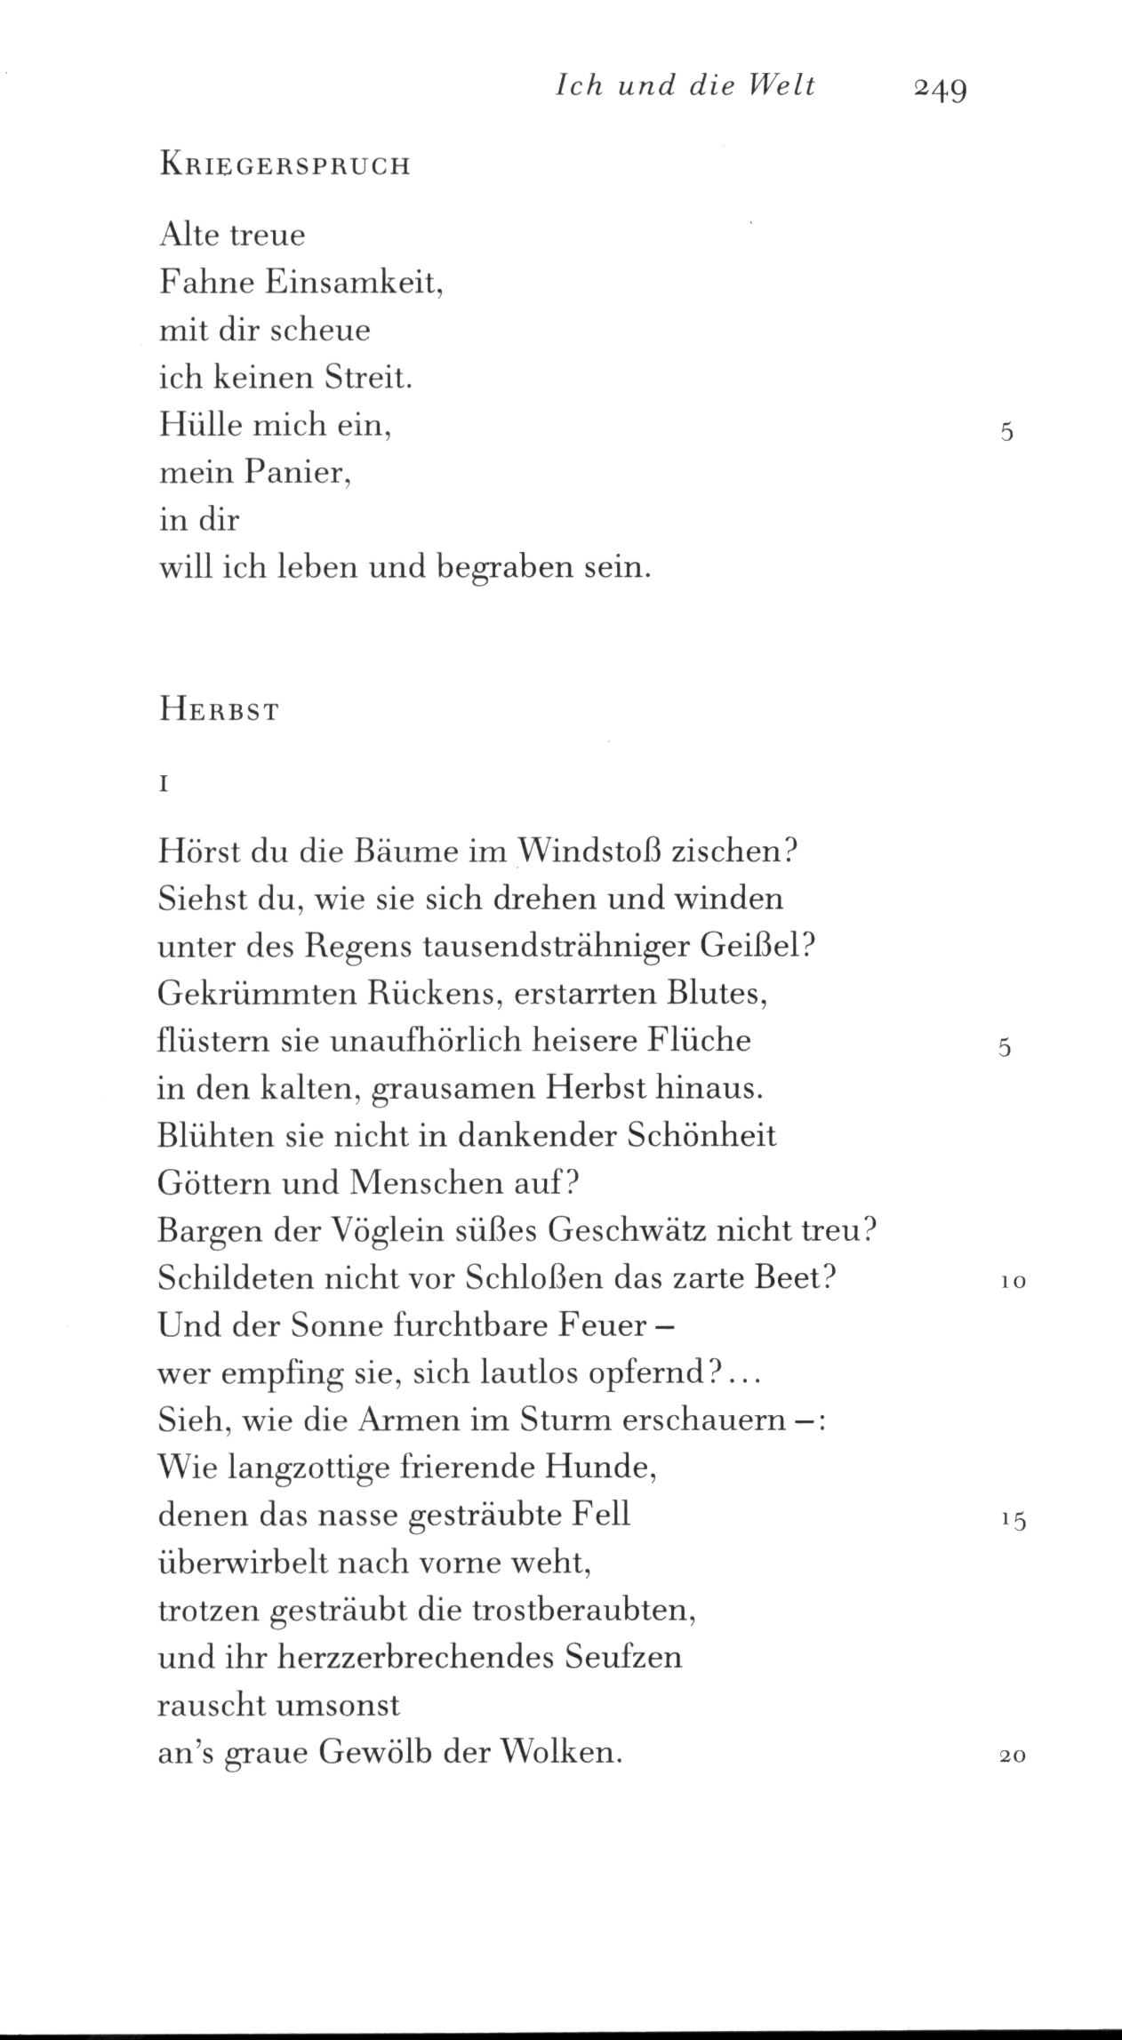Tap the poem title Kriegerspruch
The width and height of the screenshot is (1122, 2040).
pos(285,166)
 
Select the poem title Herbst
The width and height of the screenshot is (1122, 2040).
pos(219,712)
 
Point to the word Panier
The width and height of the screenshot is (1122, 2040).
pos(298,472)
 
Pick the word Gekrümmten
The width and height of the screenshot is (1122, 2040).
pos(256,994)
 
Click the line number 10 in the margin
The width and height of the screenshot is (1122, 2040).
pos(1013,1282)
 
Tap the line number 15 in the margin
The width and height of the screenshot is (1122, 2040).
pos(1013,1520)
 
